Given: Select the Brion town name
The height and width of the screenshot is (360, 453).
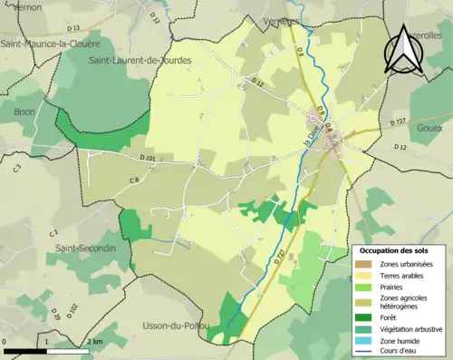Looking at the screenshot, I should pyautogui.click(x=24, y=112).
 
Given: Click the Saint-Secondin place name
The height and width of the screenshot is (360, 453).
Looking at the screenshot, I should pyautogui.click(x=86, y=248).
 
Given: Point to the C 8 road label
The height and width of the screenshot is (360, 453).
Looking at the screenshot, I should pyautogui.click(x=133, y=180).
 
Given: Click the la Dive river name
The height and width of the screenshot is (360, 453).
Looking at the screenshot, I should pyautogui.click(x=312, y=140).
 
